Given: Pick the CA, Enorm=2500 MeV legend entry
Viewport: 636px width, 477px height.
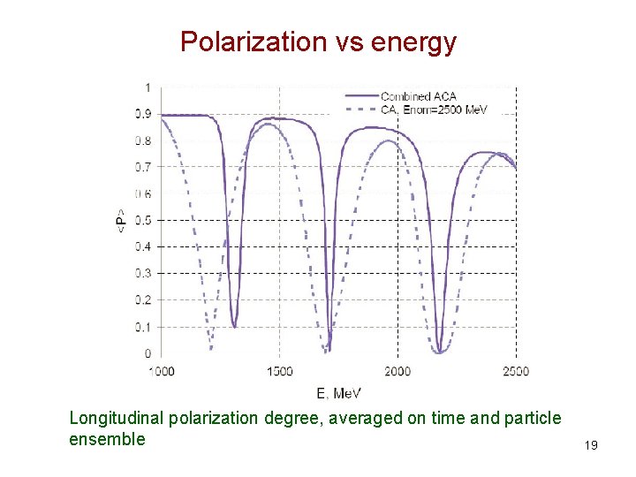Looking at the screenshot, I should coord(434,110).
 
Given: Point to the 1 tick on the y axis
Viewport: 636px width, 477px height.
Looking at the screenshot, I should coord(147,87).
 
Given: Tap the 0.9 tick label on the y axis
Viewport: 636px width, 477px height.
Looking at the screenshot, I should coord(142,114).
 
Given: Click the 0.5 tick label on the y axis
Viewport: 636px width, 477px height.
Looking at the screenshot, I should coord(142,220).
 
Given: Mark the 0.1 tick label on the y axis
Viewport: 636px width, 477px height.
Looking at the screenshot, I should coord(142,327).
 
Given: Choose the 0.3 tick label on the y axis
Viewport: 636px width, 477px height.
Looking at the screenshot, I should coord(142,274).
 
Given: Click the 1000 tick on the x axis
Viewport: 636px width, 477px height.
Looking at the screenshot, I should coord(161,371).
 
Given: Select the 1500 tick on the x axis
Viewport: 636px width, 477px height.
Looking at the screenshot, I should coord(279,371).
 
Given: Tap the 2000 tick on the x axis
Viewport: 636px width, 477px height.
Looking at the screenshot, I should coord(397,371).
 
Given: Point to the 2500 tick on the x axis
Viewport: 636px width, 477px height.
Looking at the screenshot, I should coord(515,371).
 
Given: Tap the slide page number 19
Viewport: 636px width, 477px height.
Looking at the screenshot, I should coord(591,445).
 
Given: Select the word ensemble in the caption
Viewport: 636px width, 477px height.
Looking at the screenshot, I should coord(107,438).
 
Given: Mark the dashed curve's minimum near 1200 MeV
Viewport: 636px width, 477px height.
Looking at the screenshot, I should coord(209,350).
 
